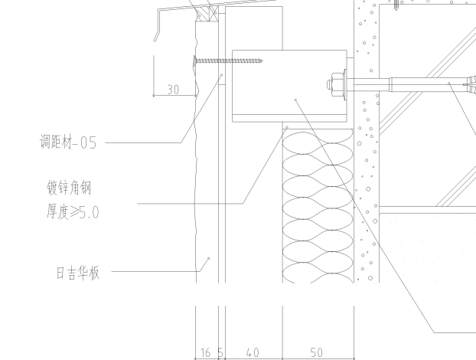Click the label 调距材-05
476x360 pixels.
pos(68,142)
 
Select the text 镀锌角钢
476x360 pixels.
pos(69,188)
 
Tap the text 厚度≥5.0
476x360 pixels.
pos(71,212)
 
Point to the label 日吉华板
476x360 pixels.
pos(77,272)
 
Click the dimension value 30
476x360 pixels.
pos(174,90)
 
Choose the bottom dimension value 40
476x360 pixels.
pos(253,352)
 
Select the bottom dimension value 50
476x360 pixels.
pos(317,352)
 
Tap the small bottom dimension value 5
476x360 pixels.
pos(220,352)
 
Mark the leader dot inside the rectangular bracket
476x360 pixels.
pos(296,100)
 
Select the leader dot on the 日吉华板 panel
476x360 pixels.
pos(209,259)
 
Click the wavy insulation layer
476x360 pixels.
pos(318,207)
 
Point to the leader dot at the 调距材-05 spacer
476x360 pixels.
pos(222,75)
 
